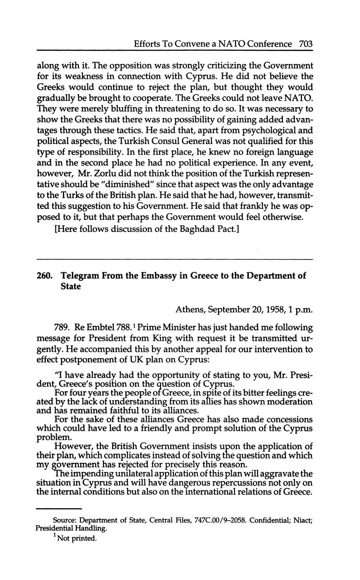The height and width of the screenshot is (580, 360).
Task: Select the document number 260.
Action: (x=44, y=276)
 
